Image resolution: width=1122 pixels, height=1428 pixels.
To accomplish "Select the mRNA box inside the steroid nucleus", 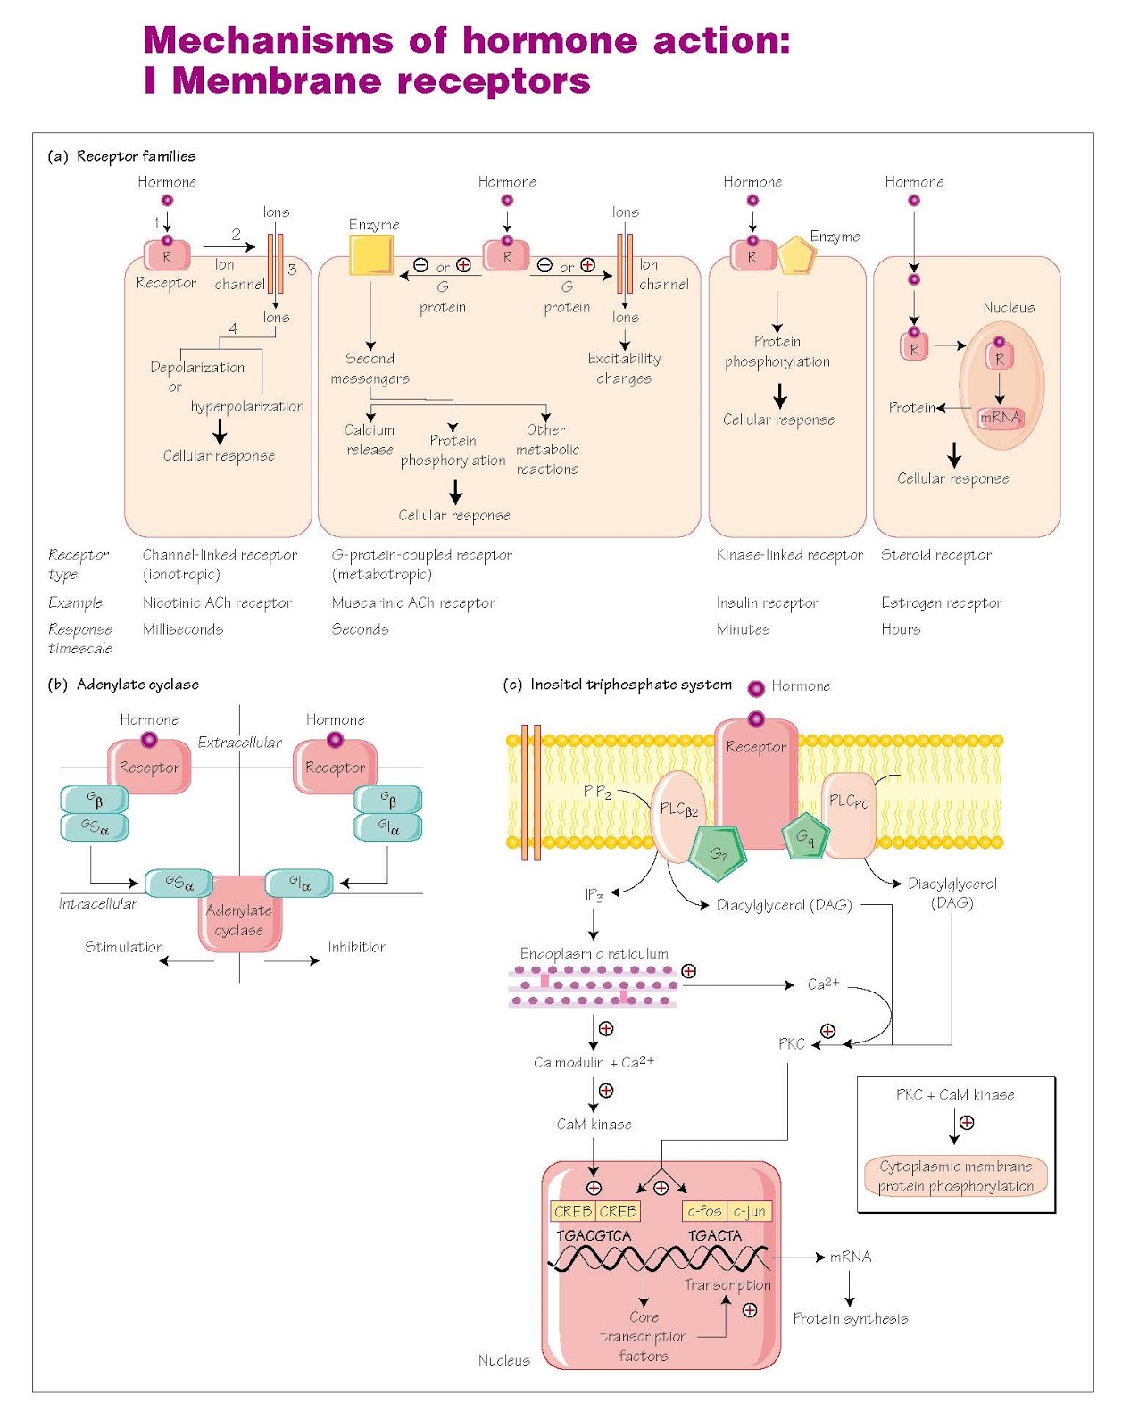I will tap(1000, 418).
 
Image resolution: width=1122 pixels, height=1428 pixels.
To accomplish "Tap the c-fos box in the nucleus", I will tap(704, 1211).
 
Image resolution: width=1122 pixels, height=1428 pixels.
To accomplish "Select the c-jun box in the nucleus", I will tap(749, 1211).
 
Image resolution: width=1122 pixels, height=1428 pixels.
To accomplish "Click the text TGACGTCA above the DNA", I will tap(594, 1235).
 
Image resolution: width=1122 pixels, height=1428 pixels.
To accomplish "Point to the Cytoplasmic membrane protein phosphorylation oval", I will tap(956, 1176).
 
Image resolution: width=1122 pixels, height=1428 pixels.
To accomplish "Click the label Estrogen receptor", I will tap(941, 602).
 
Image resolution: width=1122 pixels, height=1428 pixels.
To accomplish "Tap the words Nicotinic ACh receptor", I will tap(217, 602).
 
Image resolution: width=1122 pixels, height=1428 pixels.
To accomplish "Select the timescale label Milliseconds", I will tap(183, 628).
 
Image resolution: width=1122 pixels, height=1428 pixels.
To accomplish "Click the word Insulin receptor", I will tap(767, 602).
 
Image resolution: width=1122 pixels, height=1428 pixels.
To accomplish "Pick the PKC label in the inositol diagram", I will tap(791, 1043).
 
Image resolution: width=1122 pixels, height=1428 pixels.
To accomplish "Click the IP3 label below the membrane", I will tap(594, 894).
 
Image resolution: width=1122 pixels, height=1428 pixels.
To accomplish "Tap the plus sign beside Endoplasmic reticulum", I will tap(688, 971).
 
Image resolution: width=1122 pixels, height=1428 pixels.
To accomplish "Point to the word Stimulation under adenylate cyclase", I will tap(124, 947).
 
